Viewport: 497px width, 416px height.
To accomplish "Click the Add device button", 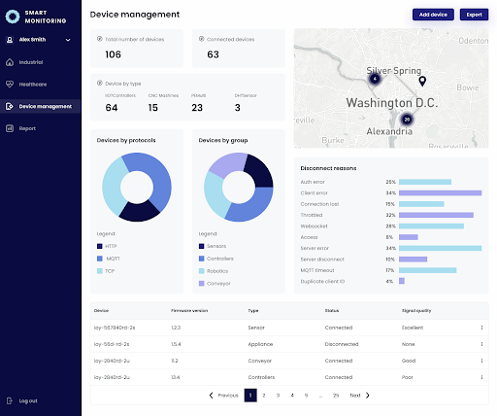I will coord(434,15).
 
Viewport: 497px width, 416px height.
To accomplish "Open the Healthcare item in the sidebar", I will coord(32,84).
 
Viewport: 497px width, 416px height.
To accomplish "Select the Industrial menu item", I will coord(31,61).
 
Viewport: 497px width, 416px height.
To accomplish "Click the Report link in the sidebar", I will coord(26,127).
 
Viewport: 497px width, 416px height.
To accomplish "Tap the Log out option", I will coord(27,399).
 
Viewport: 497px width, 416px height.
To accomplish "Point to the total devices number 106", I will coord(113,54).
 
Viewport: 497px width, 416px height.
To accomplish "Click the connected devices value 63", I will coord(213,54).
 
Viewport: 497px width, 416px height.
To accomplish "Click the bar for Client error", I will coord(440,192).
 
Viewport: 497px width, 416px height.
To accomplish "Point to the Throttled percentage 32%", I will coord(389,215).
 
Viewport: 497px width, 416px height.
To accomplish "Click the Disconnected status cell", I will coord(341,344).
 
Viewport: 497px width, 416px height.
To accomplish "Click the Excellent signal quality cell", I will coord(414,328).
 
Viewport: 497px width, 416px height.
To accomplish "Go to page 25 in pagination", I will coord(335,396).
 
